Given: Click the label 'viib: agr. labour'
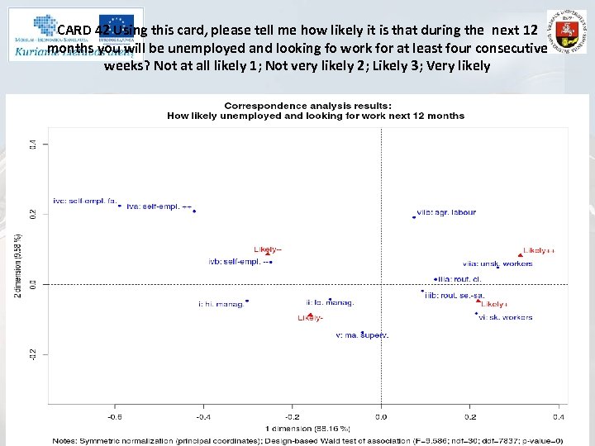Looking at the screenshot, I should coord(446,212).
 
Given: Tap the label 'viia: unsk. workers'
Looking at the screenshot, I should coord(497,263).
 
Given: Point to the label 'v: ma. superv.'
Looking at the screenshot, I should coord(362,335).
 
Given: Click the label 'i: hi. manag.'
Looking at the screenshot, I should coord(221,304).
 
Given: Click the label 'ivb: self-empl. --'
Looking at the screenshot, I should coord(240,262).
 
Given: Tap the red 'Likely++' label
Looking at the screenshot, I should coord(539,249).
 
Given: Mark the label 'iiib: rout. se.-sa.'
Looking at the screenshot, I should coord(454,295).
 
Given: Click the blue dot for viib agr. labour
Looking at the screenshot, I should coord(414,217).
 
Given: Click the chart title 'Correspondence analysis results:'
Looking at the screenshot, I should coord(307,106).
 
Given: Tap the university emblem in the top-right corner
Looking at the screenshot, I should coord(567,33).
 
